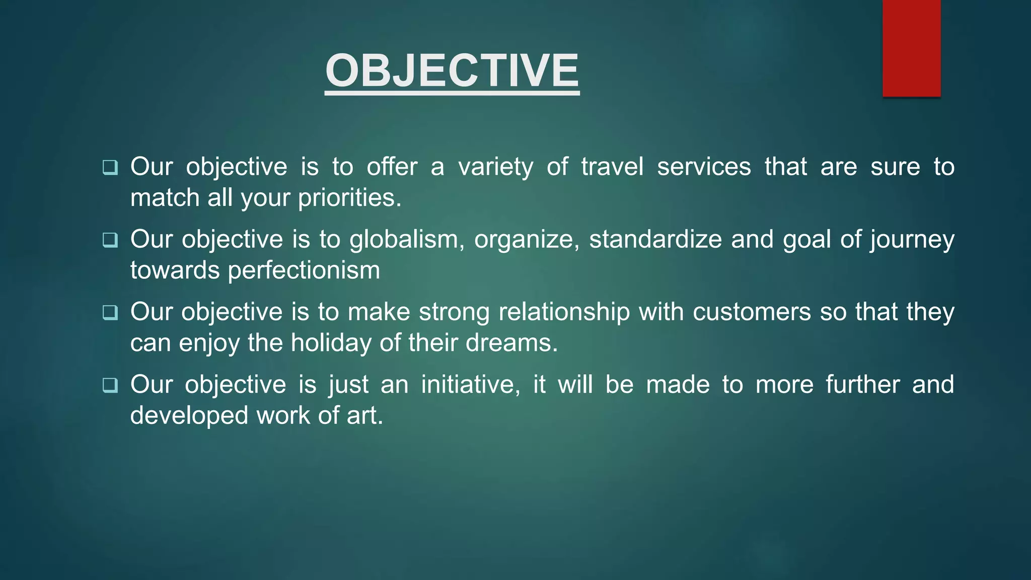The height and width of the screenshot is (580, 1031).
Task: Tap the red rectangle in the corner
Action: coord(911,48)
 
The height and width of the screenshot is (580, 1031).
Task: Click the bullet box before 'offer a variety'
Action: coord(110,167)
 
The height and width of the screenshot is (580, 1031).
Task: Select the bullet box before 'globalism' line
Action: coord(110,240)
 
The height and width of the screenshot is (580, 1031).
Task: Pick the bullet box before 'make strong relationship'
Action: coord(110,312)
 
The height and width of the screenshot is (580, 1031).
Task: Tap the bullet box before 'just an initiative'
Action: coord(110,385)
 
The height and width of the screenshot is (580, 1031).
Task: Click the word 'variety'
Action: coord(495,167)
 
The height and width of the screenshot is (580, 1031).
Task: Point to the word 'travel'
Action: coord(612,167)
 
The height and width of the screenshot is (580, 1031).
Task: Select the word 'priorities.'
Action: coord(350,198)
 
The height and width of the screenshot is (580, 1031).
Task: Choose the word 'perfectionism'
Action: coord(304,270)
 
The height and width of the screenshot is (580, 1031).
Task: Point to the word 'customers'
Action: coord(752,312)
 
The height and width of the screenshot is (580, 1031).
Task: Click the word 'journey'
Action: coord(912,240)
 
